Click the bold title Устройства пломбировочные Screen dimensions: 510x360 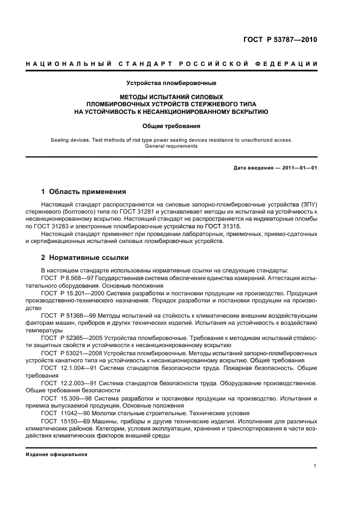click(172, 83)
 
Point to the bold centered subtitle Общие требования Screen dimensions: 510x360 click(172, 126)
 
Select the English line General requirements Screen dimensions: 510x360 click(172, 146)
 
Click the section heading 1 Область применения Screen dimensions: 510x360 click(84, 192)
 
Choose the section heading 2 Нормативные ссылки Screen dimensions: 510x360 click(85, 258)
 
